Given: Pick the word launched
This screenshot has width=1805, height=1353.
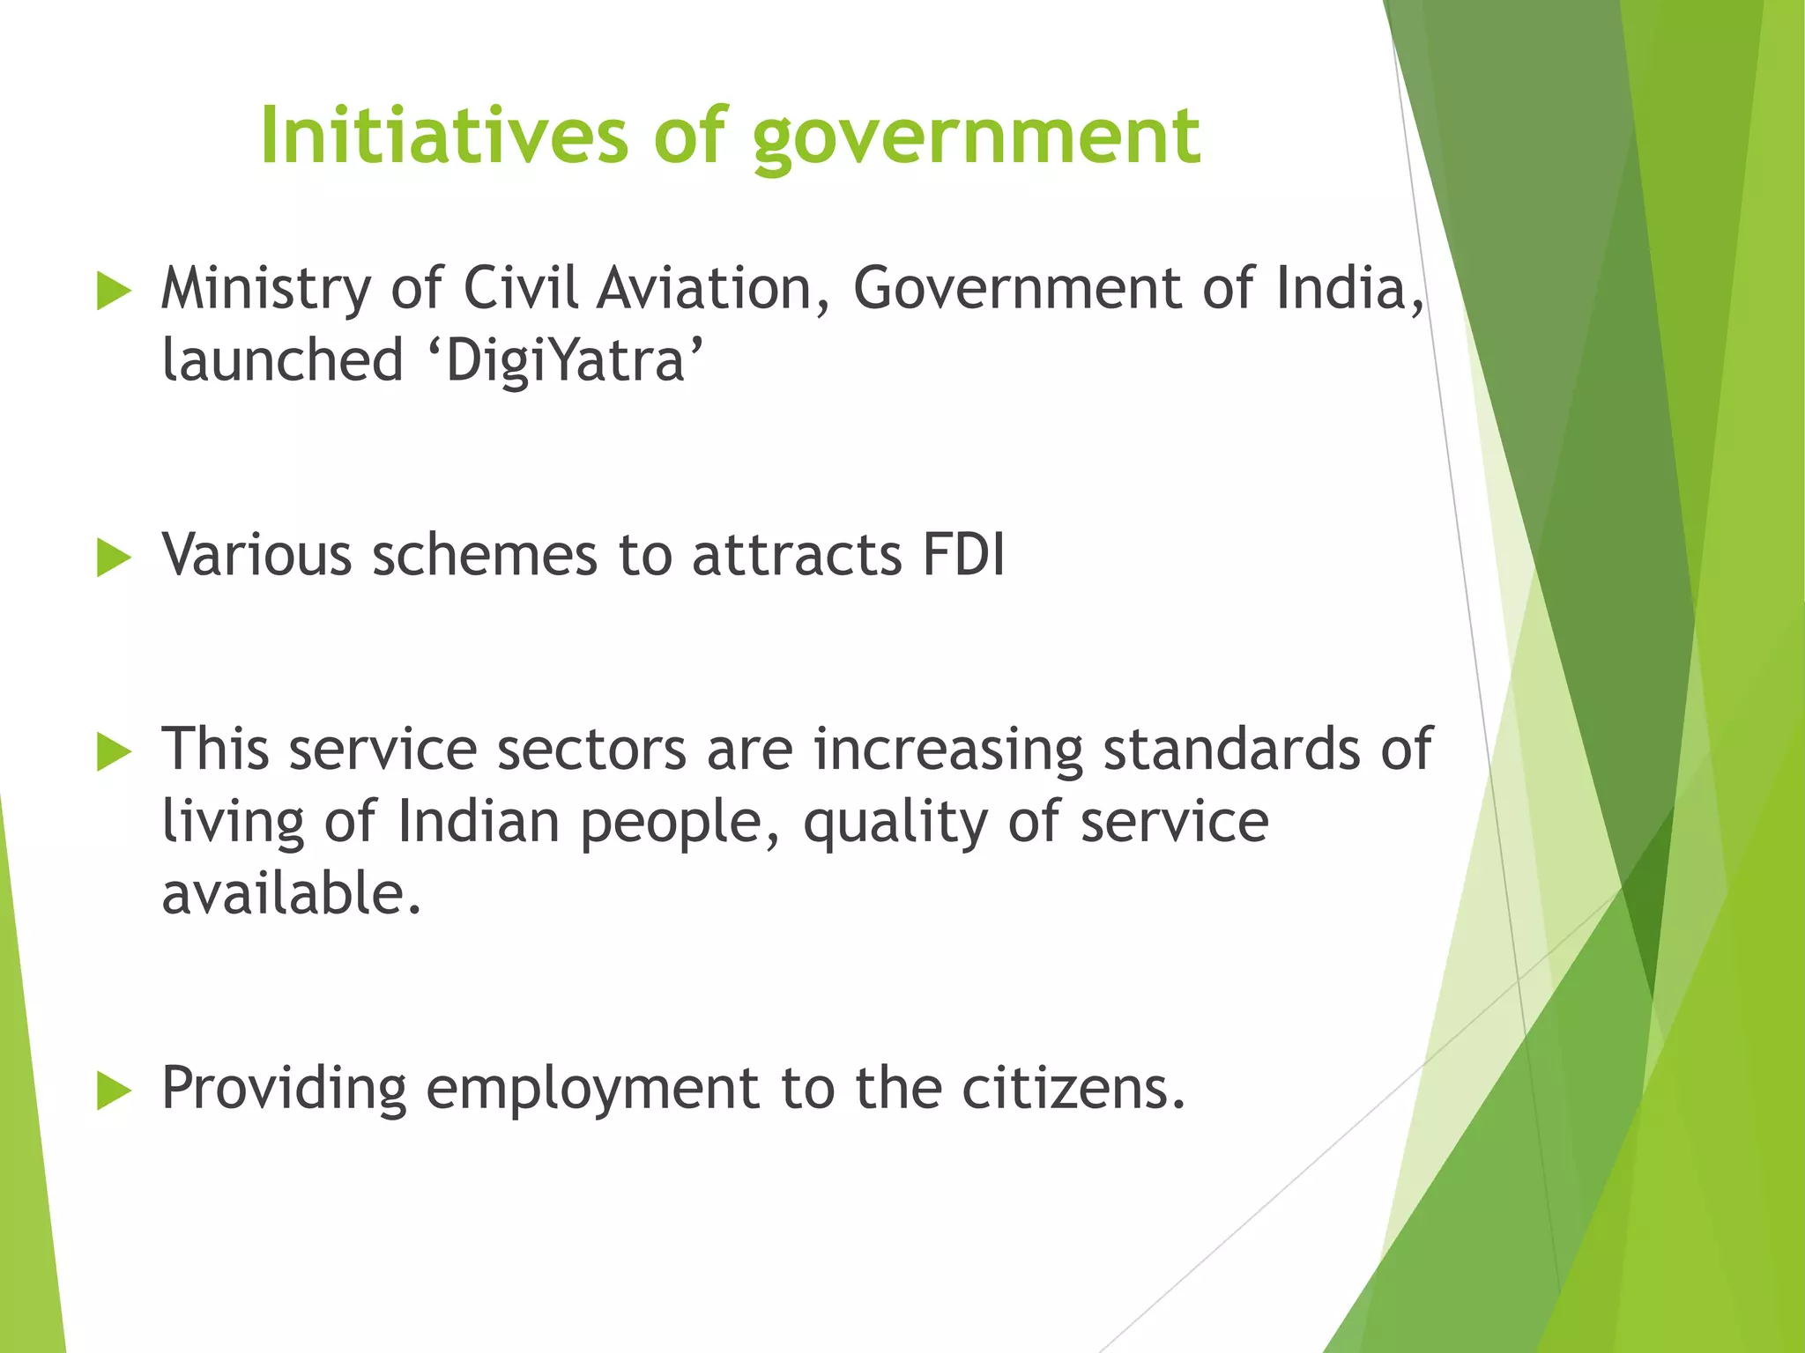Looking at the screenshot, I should point(283,361).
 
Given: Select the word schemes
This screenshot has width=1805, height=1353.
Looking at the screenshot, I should point(485,556).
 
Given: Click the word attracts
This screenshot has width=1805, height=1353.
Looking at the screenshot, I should point(797,556).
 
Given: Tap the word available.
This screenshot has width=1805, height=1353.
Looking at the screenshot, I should point(292,893).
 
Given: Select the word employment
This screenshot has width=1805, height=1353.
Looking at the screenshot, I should point(592,1089).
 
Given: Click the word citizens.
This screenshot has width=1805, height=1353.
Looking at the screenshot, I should point(1073,1089).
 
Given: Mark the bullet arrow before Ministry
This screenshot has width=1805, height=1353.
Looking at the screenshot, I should point(114,292).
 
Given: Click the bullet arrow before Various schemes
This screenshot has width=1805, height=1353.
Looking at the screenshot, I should point(114,558).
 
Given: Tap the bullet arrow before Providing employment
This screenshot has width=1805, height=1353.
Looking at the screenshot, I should point(114,1091).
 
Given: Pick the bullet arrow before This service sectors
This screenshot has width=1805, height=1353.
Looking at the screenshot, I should point(114,752).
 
